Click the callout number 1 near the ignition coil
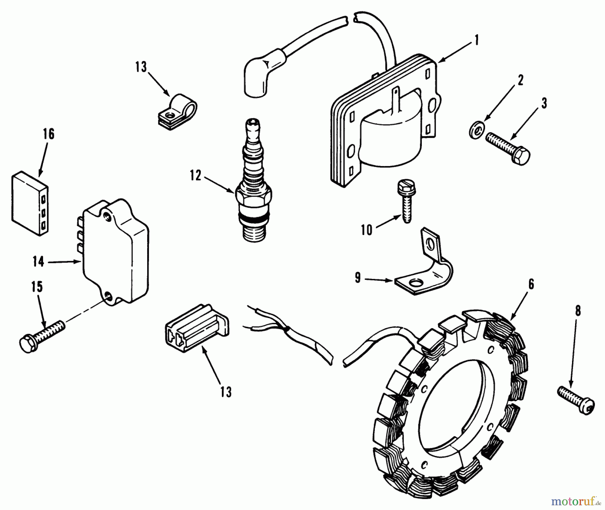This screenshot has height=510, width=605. pos(476,41)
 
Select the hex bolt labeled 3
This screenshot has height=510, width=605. pos(508,148)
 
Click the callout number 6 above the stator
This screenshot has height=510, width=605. pos(531,284)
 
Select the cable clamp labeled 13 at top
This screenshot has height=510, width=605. pos(177,112)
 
